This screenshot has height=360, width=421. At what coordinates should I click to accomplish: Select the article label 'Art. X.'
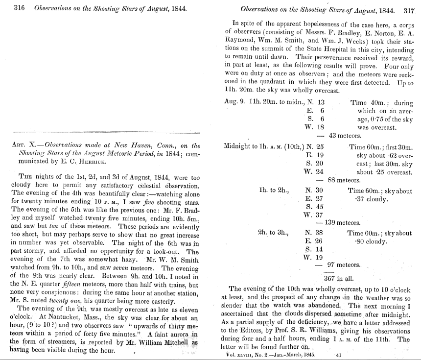[22, 145]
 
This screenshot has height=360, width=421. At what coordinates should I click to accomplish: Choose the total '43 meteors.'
[345, 136]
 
